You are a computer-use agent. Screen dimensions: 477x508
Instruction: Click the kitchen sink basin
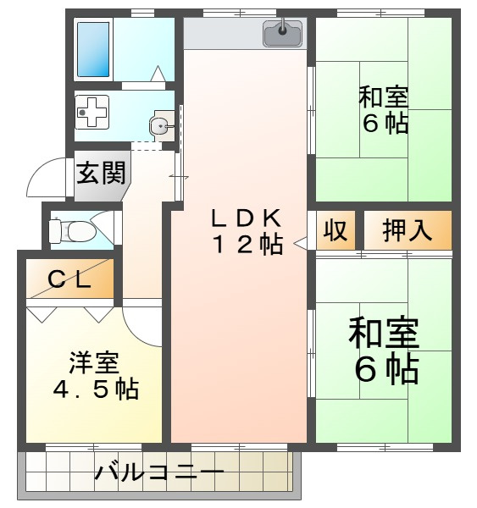tap(283, 33)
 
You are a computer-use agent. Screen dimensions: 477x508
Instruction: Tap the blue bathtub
tap(93, 49)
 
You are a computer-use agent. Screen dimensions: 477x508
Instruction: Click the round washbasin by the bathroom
tap(159, 125)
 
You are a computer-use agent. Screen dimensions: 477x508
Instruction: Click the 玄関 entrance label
tap(101, 173)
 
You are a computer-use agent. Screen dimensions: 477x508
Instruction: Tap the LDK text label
tap(246, 218)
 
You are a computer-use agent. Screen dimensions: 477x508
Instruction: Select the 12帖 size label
tap(247, 244)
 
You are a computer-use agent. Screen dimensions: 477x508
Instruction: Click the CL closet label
tap(69, 279)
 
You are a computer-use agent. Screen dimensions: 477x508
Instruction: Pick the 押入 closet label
tap(408, 230)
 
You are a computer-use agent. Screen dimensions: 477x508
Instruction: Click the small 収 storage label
tap(336, 229)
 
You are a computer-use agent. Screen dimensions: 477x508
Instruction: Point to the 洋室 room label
tap(95, 362)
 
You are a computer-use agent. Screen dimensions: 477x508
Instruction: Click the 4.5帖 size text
tap(97, 389)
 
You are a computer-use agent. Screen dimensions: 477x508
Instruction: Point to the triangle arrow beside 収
tap(300, 243)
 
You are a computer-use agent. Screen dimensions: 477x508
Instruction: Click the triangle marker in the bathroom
tap(158, 74)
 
